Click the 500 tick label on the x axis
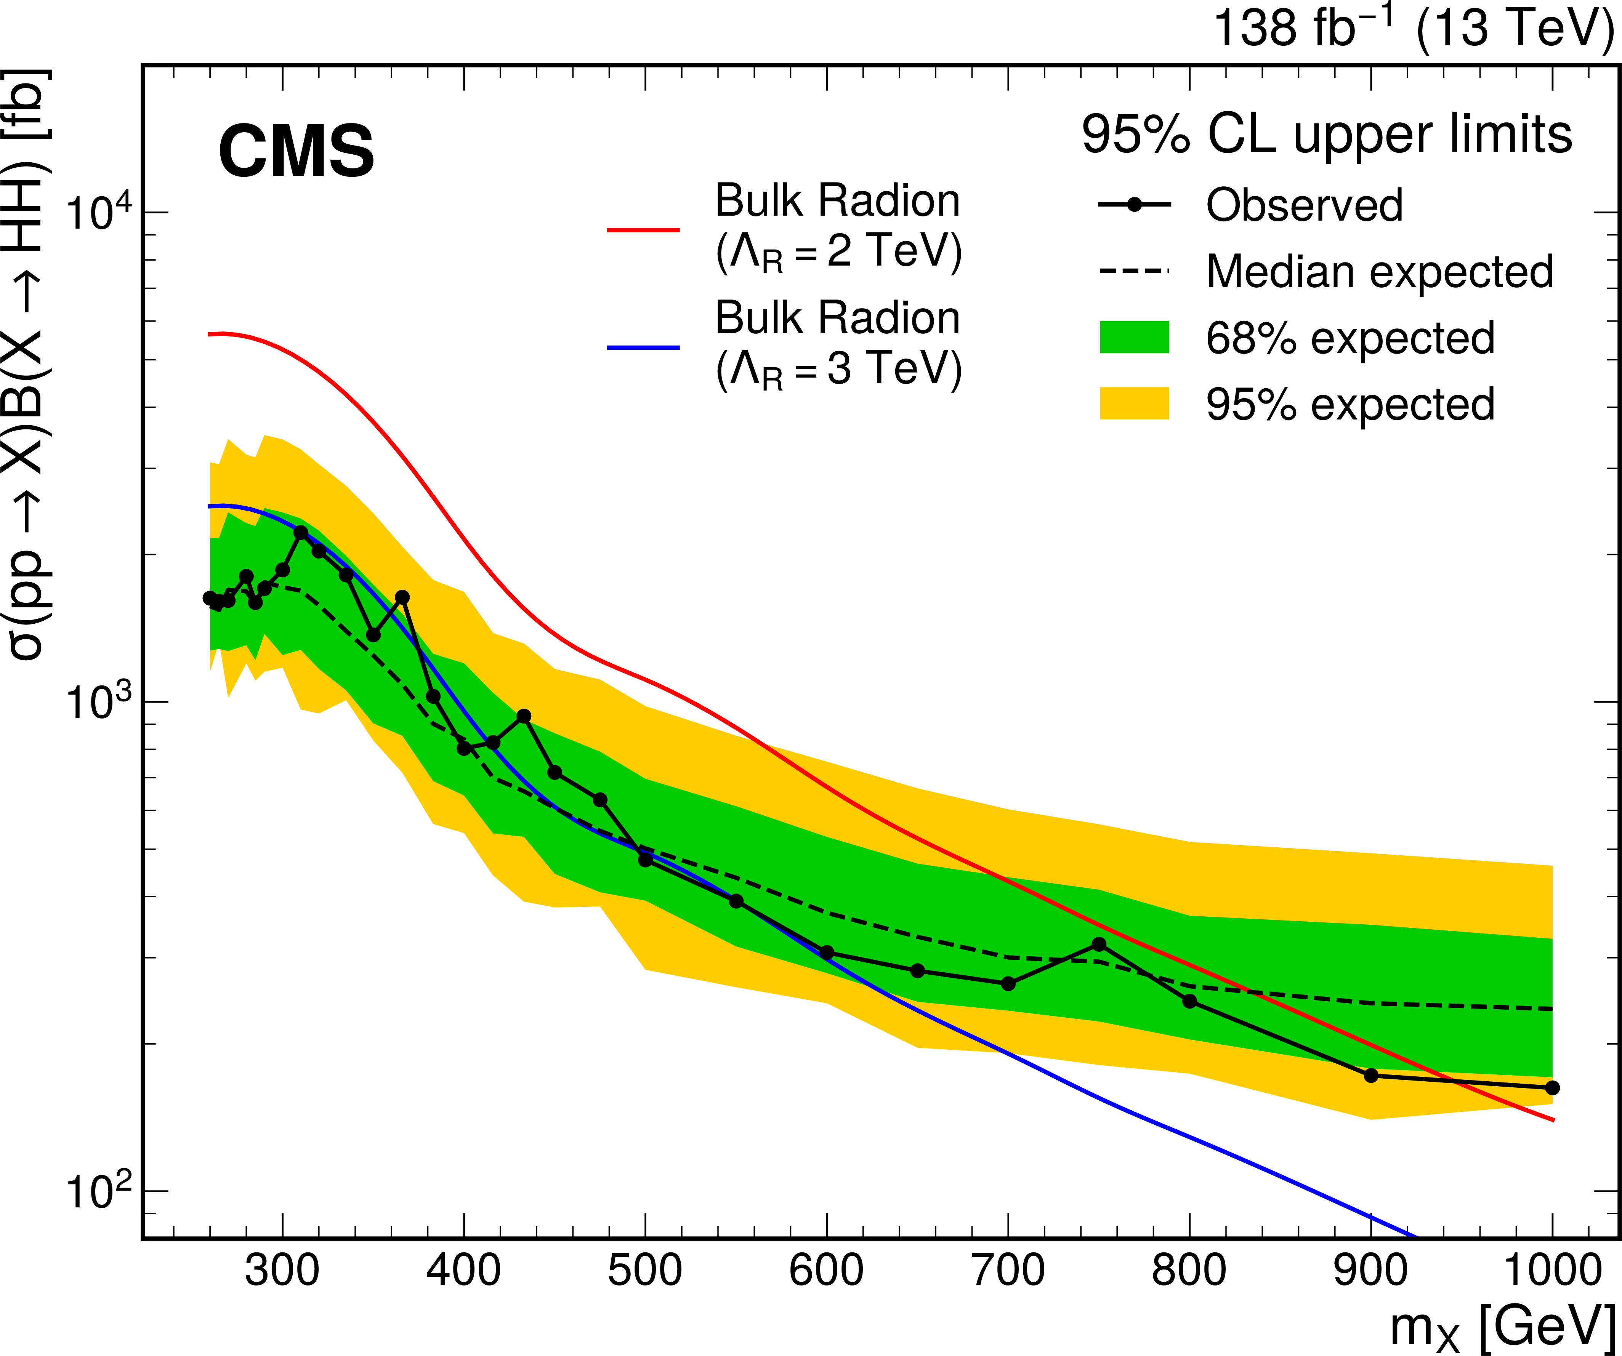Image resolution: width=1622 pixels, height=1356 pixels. click(645, 1270)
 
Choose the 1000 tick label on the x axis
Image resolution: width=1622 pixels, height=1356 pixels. click(1553, 1270)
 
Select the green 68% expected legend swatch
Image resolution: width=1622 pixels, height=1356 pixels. click(1134, 337)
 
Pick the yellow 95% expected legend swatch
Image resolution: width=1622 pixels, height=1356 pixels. click(1134, 403)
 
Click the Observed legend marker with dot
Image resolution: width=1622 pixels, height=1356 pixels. click(1134, 205)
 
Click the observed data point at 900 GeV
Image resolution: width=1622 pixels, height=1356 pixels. click(1371, 1075)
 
